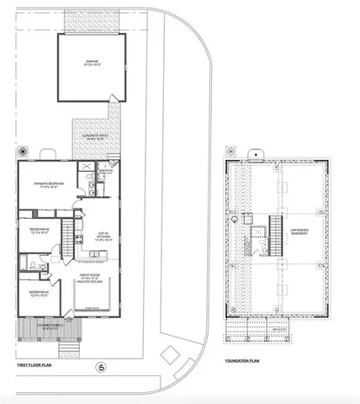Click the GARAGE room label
(x=93, y=62)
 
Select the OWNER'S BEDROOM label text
(x=44, y=186)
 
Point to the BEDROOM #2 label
(x=36, y=231)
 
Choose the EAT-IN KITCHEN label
(x=103, y=238)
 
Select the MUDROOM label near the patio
(x=104, y=171)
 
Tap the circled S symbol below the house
(x=101, y=366)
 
